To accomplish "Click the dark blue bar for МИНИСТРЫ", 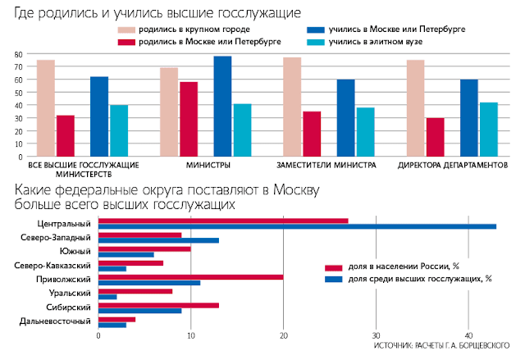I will (x=222, y=106).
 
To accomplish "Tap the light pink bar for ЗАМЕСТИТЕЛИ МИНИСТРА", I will (x=292, y=107).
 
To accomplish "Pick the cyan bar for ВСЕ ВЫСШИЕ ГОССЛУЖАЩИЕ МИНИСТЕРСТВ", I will (x=119, y=130).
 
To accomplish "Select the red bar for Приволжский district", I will (x=190, y=276).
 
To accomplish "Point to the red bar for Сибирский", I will (x=158, y=305).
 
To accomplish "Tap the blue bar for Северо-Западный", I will (x=158, y=240).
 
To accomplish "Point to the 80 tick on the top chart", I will (x=17, y=54).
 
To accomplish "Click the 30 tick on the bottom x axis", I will (x=376, y=335).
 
